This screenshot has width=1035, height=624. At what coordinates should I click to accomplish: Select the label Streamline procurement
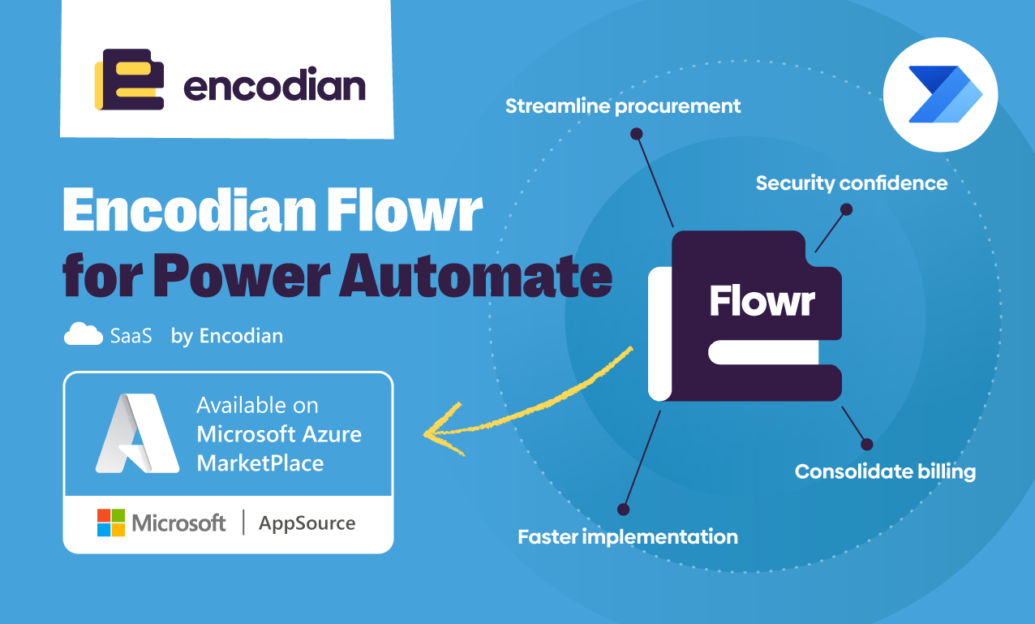pyautogui.click(x=623, y=106)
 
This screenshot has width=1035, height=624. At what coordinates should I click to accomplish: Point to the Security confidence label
pyautogui.click(x=851, y=183)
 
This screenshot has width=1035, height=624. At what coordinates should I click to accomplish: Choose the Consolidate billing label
pyautogui.click(x=884, y=471)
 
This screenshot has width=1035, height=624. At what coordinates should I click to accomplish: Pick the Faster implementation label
pyautogui.click(x=628, y=536)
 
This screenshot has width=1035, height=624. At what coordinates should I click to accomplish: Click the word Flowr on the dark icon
pyautogui.click(x=762, y=301)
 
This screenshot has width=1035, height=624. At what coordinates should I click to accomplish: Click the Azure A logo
pyautogui.click(x=136, y=433)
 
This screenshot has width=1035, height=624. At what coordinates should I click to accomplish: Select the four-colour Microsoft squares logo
pyautogui.click(x=111, y=523)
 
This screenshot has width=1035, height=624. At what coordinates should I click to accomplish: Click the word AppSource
pyautogui.click(x=307, y=523)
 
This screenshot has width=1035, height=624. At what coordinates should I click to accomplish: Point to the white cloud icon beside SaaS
pyautogui.click(x=84, y=334)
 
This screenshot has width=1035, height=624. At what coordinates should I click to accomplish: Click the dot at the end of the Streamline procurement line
pyautogui.click(x=637, y=133)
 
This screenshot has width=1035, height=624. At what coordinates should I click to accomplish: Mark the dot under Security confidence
pyautogui.click(x=846, y=209)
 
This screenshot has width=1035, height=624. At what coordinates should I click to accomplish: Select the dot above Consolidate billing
pyautogui.click(x=866, y=444)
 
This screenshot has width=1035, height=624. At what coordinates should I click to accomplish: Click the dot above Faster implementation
pyautogui.click(x=623, y=510)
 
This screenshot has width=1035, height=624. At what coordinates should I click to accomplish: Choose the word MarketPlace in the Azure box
pyautogui.click(x=260, y=463)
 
